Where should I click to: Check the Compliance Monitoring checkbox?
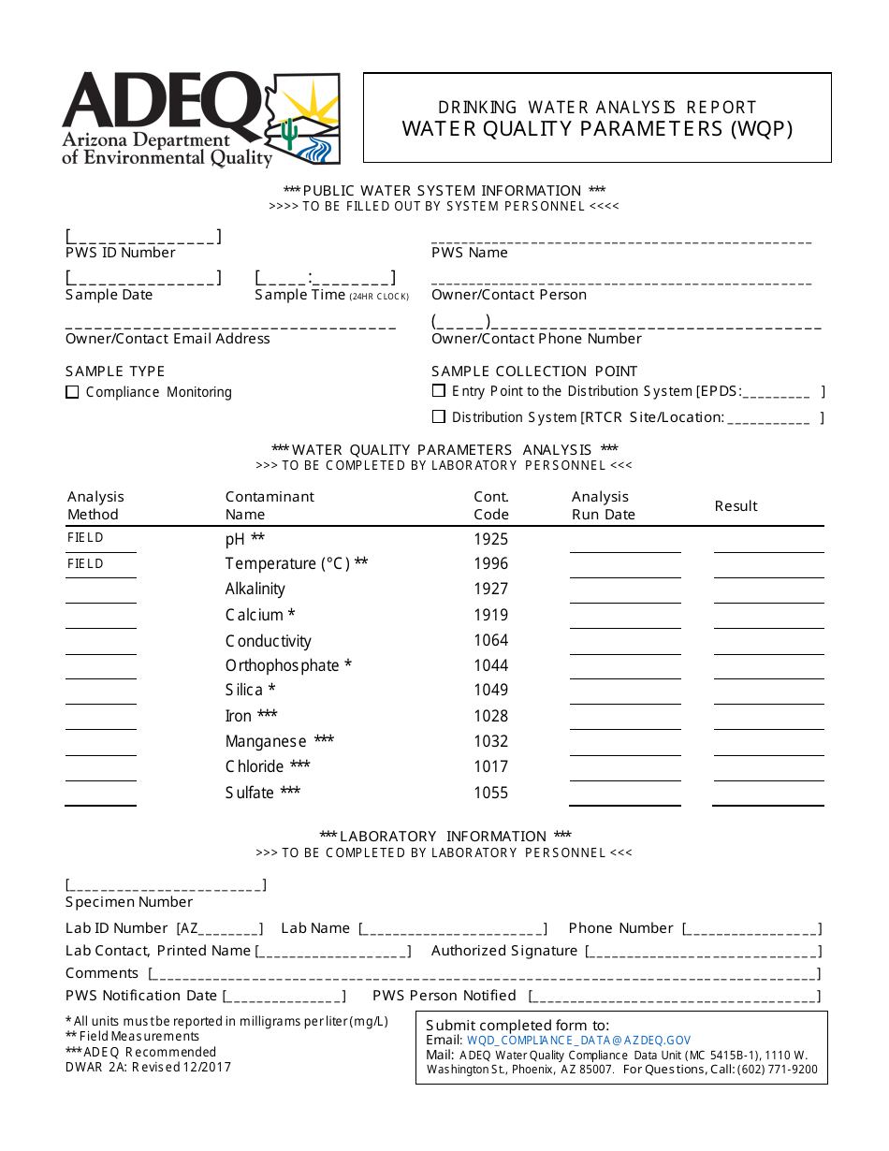click(x=72, y=392)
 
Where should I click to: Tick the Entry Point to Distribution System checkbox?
click(x=438, y=390)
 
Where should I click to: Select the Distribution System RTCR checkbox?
click(x=438, y=416)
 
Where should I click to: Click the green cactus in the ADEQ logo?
click(x=291, y=134)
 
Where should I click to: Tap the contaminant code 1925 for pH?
click(x=490, y=539)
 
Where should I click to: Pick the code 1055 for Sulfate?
click(x=490, y=793)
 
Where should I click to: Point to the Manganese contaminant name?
click(x=266, y=741)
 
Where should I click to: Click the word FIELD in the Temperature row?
click(x=85, y=563)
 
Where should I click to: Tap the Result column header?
click(x=736, y=505)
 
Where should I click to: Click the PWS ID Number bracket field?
click(x=143, y=237)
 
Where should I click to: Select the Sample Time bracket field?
click(x=325, y=278)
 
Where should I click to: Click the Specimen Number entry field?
click(x=166, y=885)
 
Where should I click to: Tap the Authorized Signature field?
click(x=703, y=952)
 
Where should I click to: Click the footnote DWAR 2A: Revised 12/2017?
click(x=148, y=1067)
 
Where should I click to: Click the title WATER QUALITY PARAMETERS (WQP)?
click(x=597, y=129)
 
